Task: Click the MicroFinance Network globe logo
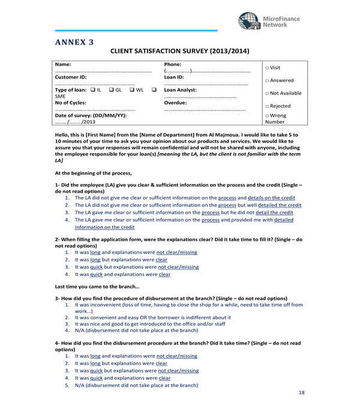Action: [x=249, y=21]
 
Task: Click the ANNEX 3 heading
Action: [x=74, y=42]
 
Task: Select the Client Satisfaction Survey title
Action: [x=180, y=52]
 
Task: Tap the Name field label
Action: [x=63, y=64]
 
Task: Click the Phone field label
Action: [x=173, y=64]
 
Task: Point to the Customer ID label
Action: [x=71, y=77]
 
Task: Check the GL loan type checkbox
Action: [x=112, y=89]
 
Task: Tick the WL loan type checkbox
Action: [x=133, y=89]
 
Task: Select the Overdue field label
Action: [x=175, y=103]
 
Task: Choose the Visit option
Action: [x=267, y=68]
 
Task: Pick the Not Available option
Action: [x=267, y=93]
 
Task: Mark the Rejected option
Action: [x=267, y=106]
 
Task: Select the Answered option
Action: [x=267, y=80]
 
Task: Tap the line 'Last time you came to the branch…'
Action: [x=97, y=286]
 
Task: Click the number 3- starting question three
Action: [x=58, y=298]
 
